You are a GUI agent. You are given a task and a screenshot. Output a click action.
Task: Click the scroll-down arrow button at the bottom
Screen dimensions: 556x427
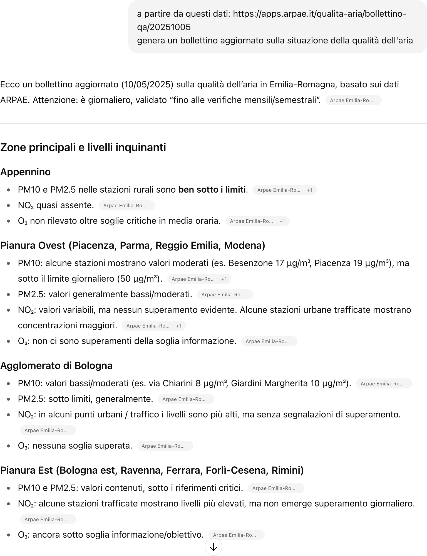213,547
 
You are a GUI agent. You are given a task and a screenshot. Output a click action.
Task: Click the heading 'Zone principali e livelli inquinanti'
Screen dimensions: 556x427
83,147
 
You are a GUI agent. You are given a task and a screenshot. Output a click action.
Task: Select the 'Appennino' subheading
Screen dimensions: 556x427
25,172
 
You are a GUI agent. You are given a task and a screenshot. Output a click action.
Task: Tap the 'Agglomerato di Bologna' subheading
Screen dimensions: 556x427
56,365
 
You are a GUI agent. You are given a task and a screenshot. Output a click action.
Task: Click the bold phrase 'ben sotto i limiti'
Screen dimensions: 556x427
212,190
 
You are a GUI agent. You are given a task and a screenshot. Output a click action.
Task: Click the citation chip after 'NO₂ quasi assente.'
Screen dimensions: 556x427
126,206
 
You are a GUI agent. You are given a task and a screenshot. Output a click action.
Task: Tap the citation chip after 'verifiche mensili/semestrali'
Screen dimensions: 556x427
353,100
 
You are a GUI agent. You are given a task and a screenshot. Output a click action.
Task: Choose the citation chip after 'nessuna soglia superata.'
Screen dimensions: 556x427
165,446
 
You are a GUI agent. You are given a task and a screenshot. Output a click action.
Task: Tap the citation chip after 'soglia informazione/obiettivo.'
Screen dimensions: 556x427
236,535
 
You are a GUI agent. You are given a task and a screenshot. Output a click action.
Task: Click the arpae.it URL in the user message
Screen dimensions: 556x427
319,14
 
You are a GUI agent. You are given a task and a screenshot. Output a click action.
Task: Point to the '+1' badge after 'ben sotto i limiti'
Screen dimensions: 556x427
309,190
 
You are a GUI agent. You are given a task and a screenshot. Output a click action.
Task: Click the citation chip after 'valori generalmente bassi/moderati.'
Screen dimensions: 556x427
225,295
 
